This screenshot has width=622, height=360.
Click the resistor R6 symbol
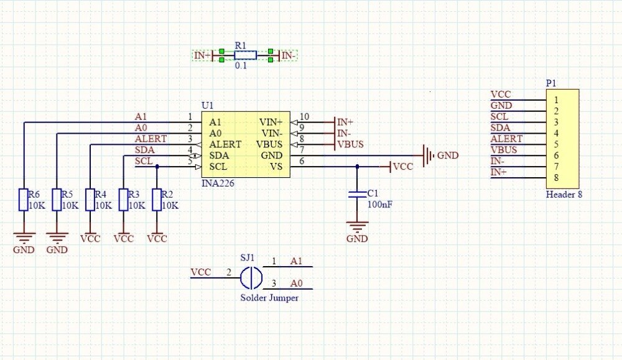23,200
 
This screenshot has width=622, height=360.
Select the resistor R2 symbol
157,200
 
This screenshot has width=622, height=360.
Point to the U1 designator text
207,105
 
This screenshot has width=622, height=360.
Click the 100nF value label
379,204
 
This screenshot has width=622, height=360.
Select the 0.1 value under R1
241,65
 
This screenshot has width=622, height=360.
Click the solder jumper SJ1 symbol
251,277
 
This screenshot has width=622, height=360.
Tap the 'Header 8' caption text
564,195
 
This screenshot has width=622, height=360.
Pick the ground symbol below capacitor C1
357,228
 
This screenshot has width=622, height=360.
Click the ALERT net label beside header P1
506,139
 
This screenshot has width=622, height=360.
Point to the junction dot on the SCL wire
157,167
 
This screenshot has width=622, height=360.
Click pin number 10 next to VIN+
304,117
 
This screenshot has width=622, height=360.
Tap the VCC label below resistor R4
90,238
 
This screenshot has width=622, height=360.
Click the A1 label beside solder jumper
297,261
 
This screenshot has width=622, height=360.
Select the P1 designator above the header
551,83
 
